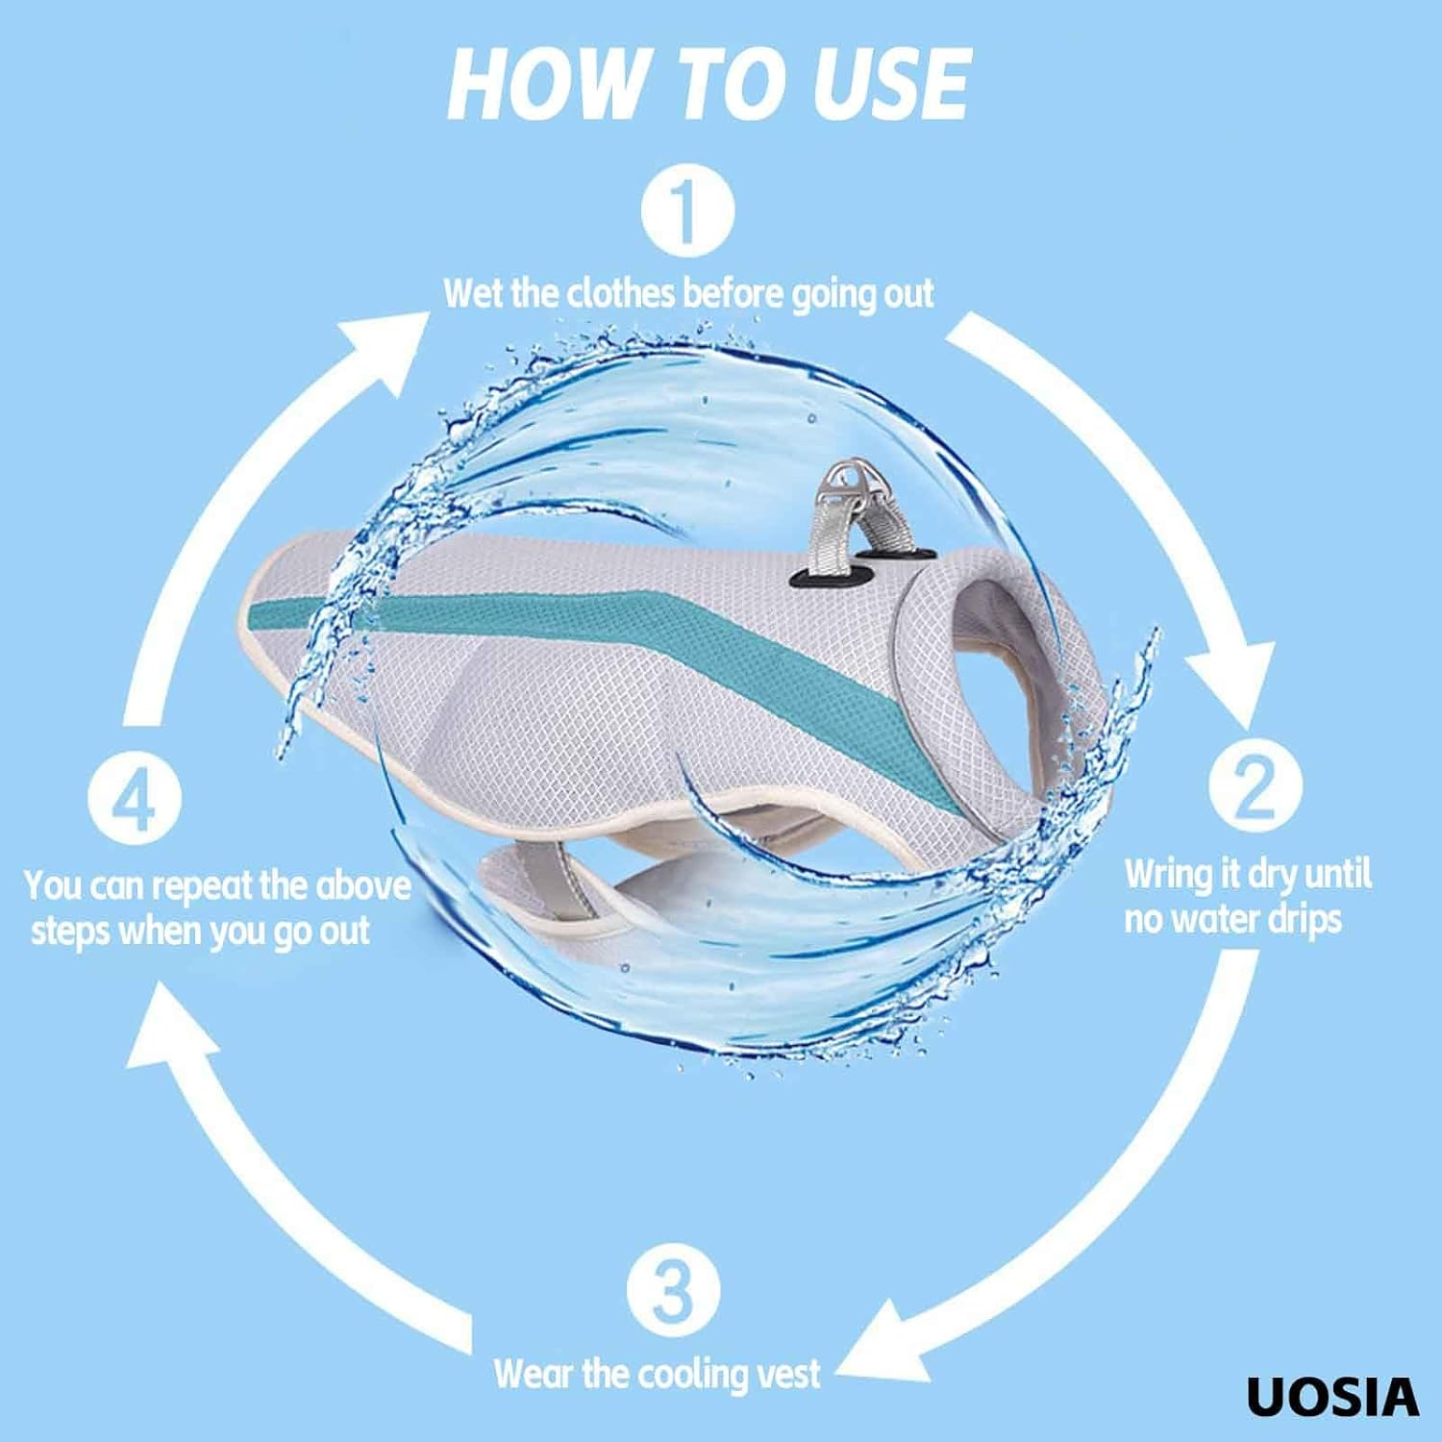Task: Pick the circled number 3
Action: pyautogui.click(x=673, y=1290)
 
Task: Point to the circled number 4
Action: pyautogui.click(x=135, y=797)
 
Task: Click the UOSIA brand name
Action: pyautogui.click(x=1332, y=1397)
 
